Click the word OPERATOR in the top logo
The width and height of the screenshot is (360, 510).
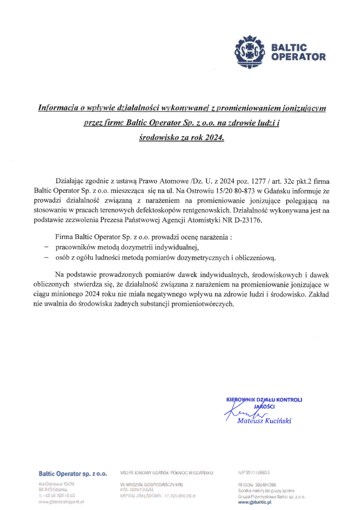[x=298, y=56]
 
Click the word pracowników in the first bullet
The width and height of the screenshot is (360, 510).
[x=76, y=247]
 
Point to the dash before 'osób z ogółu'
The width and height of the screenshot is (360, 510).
[x=47, y=257]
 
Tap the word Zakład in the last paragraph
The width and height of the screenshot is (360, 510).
[x=320, y=295]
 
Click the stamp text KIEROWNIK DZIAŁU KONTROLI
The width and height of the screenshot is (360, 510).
[x=264, y=400]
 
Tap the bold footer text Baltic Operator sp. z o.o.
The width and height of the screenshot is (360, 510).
[x=72, y=474]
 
